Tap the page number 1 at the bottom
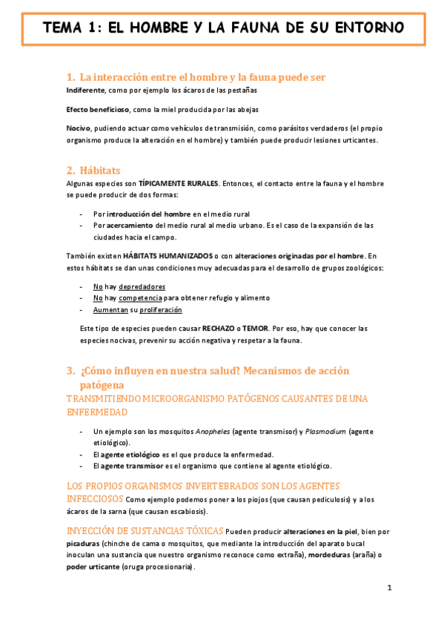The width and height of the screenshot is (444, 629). pos(389,588)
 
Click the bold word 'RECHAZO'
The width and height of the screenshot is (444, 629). pos(222,328)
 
